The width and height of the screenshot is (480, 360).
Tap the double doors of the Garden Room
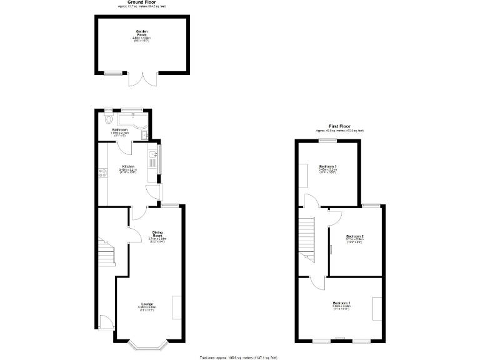pyautogui.click(x=142, y=81)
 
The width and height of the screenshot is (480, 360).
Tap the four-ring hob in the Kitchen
pyautogui.click(x=102, y=175)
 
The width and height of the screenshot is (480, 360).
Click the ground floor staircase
pyautogui.click(x=107, y=253)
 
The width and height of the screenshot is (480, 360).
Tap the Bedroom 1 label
pyautogui.click(x=341, y=304)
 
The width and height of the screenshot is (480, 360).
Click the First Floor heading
pyautogui.click(x=339, y=126)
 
